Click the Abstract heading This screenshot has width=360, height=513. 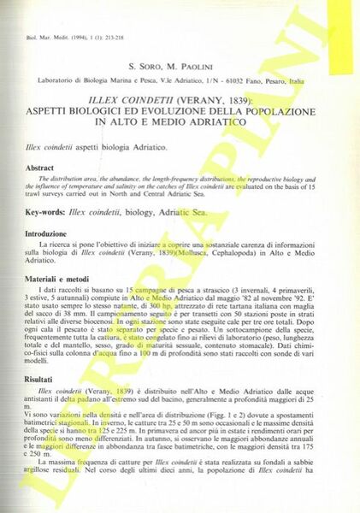pyautogui.click(x=40, y=169)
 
